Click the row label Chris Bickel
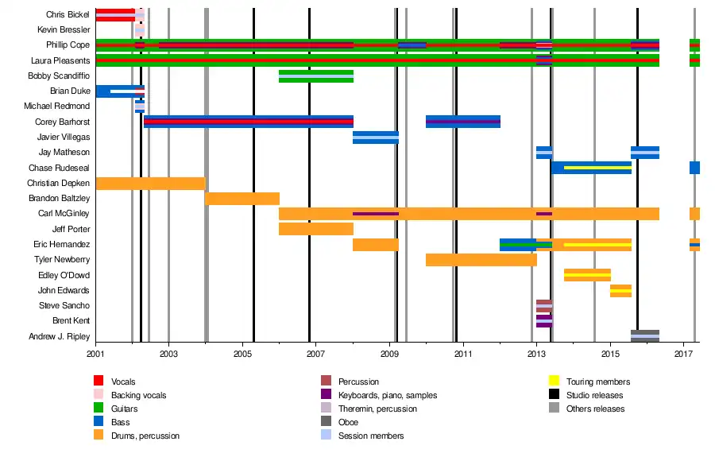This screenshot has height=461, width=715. tap(67, 14)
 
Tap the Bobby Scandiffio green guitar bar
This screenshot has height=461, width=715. tap(315, 76)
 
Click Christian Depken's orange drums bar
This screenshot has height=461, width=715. tap(150, 184)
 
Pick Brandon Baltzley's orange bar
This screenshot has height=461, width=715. tap(242, 199)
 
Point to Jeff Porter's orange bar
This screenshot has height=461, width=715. tap(315, 229)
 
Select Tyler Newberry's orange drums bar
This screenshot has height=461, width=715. tap(481, 260)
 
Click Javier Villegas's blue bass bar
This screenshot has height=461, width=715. tap(375, 138)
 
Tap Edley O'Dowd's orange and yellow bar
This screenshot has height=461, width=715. tap(586, 275)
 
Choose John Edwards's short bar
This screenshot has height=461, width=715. tap(620, 290)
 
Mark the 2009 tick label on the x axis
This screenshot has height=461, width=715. tap(389, 352)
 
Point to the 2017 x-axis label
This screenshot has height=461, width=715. tap(684, 352)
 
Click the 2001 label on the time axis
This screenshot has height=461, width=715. tap(95, 352)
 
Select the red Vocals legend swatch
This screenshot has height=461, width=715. tap(99, 382)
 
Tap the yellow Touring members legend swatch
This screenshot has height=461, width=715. tap(555, 382)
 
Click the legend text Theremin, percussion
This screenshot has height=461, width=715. tap(378, 409)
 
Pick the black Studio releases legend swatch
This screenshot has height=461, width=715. tap(555, 395)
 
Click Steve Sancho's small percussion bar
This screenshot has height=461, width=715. tap(543, 305)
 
